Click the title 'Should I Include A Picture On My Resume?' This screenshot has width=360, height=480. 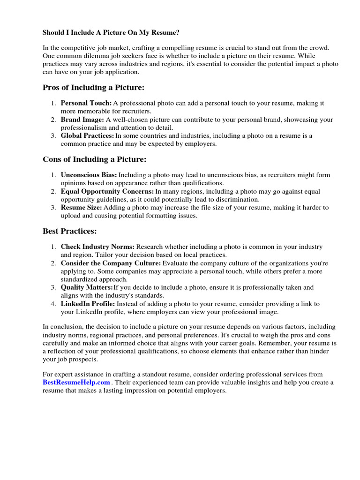[111, 33]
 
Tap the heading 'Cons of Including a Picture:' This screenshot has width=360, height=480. [94, 160]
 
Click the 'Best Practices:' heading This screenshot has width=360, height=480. [70, 232]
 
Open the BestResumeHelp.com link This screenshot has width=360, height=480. [76, 382]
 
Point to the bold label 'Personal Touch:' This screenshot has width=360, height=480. [86, 103]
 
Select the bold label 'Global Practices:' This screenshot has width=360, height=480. [88, 136]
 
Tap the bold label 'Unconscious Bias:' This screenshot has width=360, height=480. [89, 175]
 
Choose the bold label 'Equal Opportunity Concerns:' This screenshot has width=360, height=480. [107, 192]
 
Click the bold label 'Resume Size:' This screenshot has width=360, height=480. [82, 208]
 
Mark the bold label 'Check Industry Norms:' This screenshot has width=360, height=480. [97, 247]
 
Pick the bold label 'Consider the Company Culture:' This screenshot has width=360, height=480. [111, 263]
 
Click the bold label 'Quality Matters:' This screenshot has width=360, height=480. [87, 288]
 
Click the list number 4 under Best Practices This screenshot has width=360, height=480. [54, 304]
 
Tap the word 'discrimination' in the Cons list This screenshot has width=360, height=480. [235, 199]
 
